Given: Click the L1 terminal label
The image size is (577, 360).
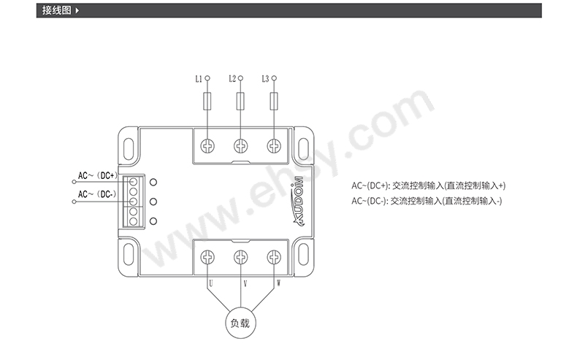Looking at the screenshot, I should [198, 77].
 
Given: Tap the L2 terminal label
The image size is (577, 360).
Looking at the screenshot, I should [232, 77].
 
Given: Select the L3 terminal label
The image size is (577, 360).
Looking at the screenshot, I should [265, 77].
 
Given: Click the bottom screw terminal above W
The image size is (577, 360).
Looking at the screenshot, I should [274, 257].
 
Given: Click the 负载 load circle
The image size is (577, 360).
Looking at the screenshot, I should [240, 323].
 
